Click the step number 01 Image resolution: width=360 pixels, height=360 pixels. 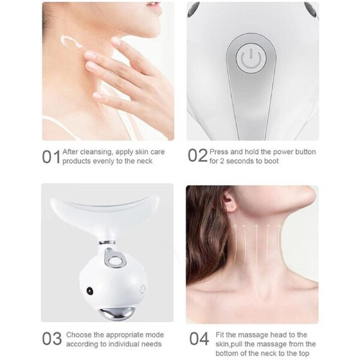[51, 157]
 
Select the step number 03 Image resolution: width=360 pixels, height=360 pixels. [51, 339]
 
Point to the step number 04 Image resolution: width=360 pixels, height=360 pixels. [199, 339]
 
